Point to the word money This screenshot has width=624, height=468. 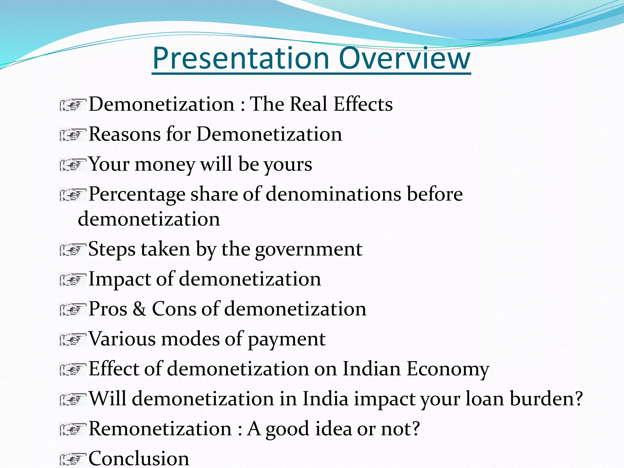click(165, 165)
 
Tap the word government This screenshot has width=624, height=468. click(309, 249)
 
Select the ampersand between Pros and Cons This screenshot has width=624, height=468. click(139, 309)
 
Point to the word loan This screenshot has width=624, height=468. click(484, 399)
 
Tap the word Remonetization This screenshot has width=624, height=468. click(160, 429)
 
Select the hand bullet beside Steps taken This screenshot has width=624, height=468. click(73, 250)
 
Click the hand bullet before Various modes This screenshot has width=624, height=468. click(73, 340)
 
